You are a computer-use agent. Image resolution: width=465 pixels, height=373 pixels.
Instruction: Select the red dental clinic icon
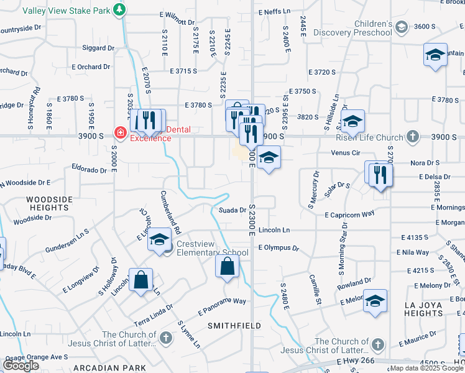(120, 132)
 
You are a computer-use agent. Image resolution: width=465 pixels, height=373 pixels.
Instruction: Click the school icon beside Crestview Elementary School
(160, 240)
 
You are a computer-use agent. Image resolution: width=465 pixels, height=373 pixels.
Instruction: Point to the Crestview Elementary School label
(212, 248)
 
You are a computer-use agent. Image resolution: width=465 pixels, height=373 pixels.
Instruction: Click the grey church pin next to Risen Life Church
(412, 137)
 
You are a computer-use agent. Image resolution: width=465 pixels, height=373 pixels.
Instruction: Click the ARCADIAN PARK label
(101, 368)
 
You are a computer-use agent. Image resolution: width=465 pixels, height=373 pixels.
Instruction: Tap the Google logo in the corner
(21, 366)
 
